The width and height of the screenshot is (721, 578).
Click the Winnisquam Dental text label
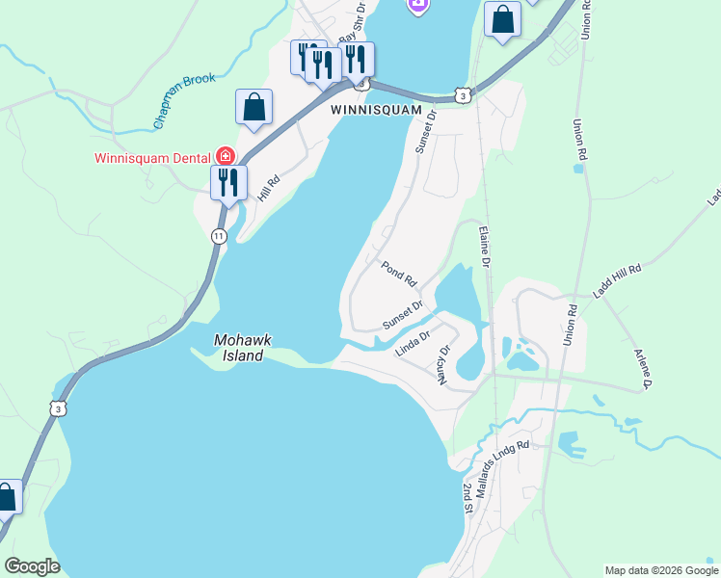(x=153, y=158)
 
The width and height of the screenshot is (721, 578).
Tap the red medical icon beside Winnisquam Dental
(x=225, y=156)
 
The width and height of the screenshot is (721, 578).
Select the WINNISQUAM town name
(x=377, y=110)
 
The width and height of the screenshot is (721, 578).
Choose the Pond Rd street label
(x=398, y=274)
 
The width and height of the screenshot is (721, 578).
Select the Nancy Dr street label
(x=443, y=366)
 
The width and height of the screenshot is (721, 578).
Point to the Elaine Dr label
(x=486, y=248)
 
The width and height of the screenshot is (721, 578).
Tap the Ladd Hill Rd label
(x=617, y=283)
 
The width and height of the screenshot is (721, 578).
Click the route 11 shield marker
(x=220, y=236)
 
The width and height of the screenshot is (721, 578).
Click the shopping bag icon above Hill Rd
(x=254, y=106)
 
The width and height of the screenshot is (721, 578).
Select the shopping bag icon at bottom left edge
(x=6, y=497)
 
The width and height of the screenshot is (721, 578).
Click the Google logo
(x=32, y=566)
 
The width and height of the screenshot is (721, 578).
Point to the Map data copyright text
(x=660, y=570)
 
